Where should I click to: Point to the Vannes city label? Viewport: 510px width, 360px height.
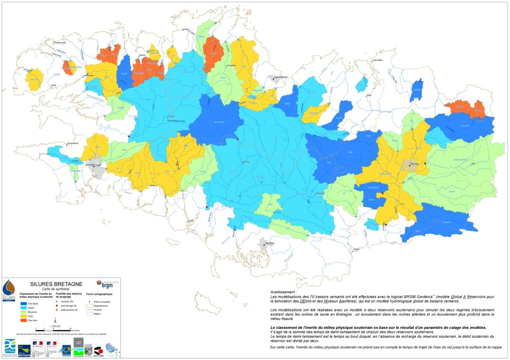(x=269, y=243)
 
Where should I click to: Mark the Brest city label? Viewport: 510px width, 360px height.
(x=54, y=86)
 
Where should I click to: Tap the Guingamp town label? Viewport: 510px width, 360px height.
(x=231, y=65)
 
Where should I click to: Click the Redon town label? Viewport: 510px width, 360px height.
(x=356, y=250)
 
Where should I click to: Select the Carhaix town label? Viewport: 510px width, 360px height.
(x=165, y=117)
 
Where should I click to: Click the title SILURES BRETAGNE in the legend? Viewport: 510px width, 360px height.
(x=56, y=284)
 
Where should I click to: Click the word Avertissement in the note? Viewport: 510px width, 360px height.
(x=283, y=291)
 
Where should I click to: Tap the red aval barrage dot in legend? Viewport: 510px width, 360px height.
(x=57, y=306)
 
